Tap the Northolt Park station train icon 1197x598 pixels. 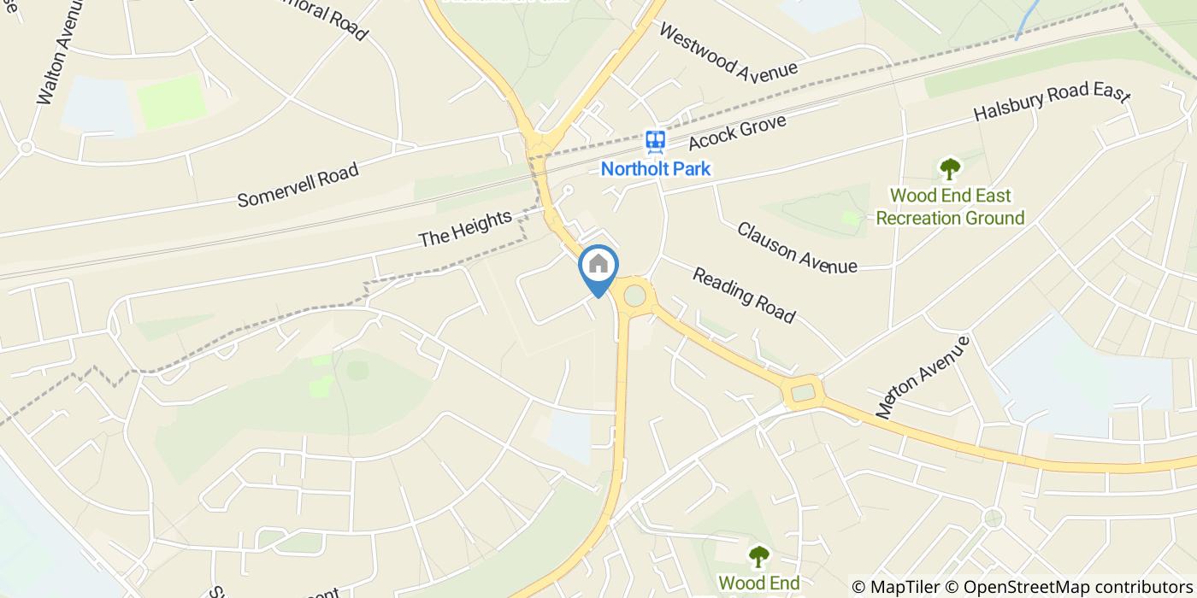pyautogui.click(x=655, y=141)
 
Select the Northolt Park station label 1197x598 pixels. pyautogui.click(x=655, y=168)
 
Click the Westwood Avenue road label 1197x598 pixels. pyautogui.click(x=728, y=51)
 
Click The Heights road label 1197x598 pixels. pyautogui.click(x=465, y=229)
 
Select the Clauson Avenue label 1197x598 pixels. pyautogui.click(x=797, y=248)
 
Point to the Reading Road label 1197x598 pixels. pyautogui.click(x=744, y=296)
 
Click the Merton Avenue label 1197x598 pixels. pyautogui.click(x=923, y=377)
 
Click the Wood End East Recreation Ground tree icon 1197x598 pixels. pyautogui.click(x=949, y=168)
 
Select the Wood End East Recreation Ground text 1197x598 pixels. pyautogui.click(x=950, y=207)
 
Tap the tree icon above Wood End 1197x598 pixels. pyautogui.click(x=758, y=557)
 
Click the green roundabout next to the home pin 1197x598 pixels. pyautogui.click(x=634, y=296)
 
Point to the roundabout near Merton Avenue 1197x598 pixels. pyautogui.click(x=803, y=393)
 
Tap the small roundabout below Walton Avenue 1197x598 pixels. pyautogui.click(x=27, y=148)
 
